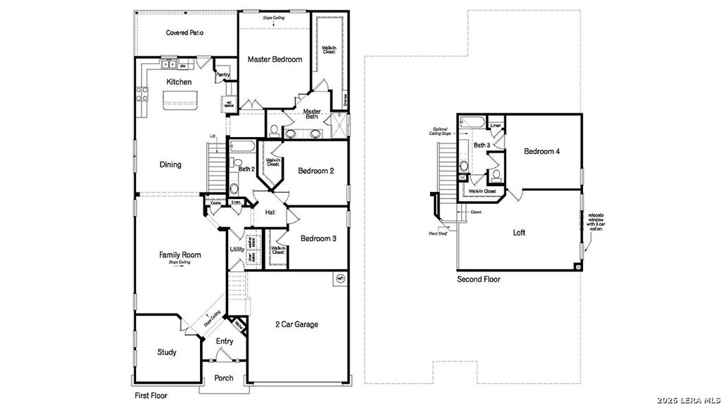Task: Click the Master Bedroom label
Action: (275, 59)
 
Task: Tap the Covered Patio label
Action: (185, 32)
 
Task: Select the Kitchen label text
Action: (179, 82)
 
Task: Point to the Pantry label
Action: (222, 75)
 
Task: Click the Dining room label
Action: (170, 165)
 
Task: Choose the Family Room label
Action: (180, 255)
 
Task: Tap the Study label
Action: (166, 352)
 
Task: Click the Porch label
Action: (224, 378)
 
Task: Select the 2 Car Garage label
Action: (296, 324)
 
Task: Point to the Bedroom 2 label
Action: (315, 171)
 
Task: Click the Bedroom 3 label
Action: (318, 238)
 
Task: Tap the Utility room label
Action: (237, 250)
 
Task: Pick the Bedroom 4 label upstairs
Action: (542, 151)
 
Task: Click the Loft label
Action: (519, 233)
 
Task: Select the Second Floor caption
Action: (478, 279)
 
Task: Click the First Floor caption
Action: (151, 396)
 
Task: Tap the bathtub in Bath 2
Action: (243, 148)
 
